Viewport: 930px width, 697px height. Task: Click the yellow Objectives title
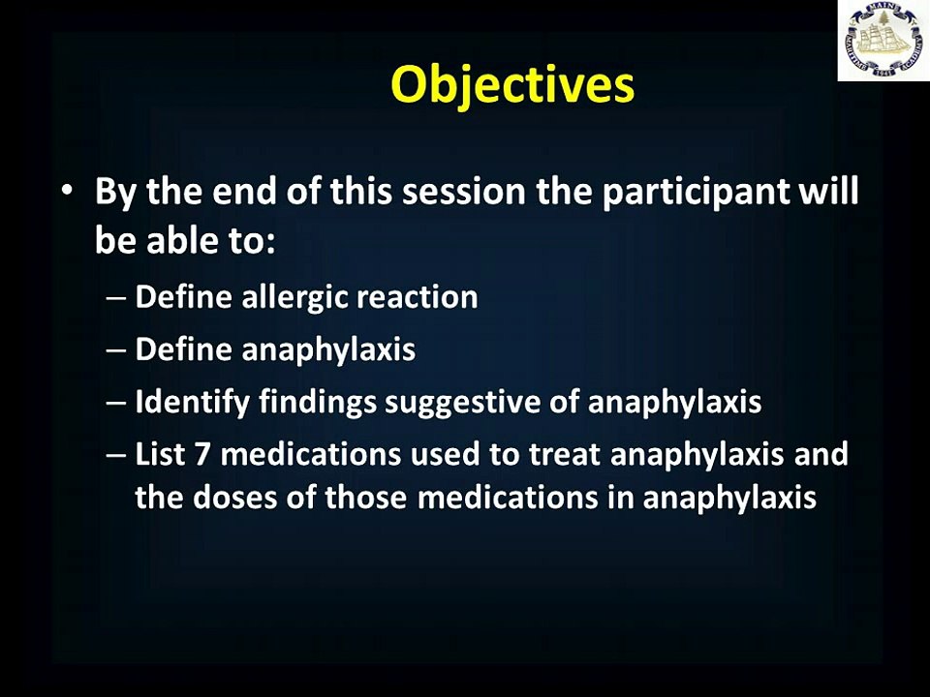tap(512, 85)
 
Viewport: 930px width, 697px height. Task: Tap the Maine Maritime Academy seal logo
tap(883, 41)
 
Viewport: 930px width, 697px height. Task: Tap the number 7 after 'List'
tap(202, 455)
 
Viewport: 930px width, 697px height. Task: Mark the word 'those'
tap(365, 497)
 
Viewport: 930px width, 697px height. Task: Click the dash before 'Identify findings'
tap(116, 403)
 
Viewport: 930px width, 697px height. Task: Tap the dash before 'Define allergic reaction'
tap(116, 297)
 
